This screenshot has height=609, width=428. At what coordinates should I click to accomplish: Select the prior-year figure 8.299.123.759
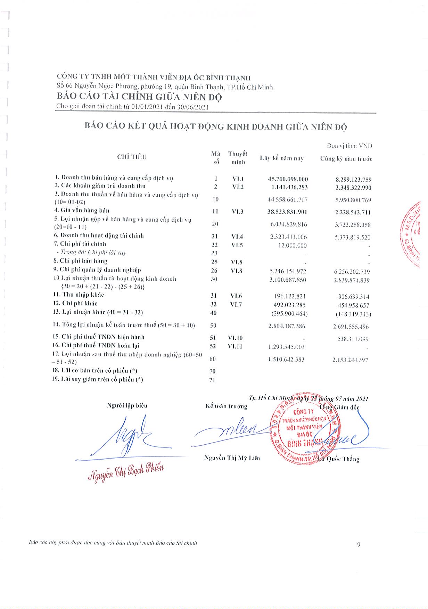tap(353, 180)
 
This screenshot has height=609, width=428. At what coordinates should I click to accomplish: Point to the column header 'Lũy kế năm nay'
tap(282, 158)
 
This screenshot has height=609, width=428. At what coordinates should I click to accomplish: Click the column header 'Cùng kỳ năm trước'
tap(346, 159)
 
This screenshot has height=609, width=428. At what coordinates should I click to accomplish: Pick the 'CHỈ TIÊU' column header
tap(132, 157)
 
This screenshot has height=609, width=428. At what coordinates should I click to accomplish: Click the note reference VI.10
tap(235, 337)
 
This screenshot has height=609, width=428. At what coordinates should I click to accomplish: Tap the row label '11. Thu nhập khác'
tap(79, 295)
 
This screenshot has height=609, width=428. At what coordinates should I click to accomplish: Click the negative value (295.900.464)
tap(289, 314)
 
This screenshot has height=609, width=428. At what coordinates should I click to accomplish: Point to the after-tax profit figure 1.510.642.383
tap(286, 359)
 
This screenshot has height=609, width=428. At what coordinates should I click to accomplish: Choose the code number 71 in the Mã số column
tap(212, 380)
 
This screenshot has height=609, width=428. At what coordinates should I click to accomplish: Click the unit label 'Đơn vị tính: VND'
tap(349, 146)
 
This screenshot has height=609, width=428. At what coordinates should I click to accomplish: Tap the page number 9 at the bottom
tap(359, 544)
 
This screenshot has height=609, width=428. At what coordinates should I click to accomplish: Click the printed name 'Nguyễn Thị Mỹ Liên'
tap(232, 458)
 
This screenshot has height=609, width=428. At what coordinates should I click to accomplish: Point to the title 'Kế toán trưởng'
tap(226, 406)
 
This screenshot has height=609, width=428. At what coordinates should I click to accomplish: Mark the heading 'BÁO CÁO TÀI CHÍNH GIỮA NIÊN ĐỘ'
tap(139, 97)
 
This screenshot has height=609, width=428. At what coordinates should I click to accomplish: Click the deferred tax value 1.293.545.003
tap(286, 347)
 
